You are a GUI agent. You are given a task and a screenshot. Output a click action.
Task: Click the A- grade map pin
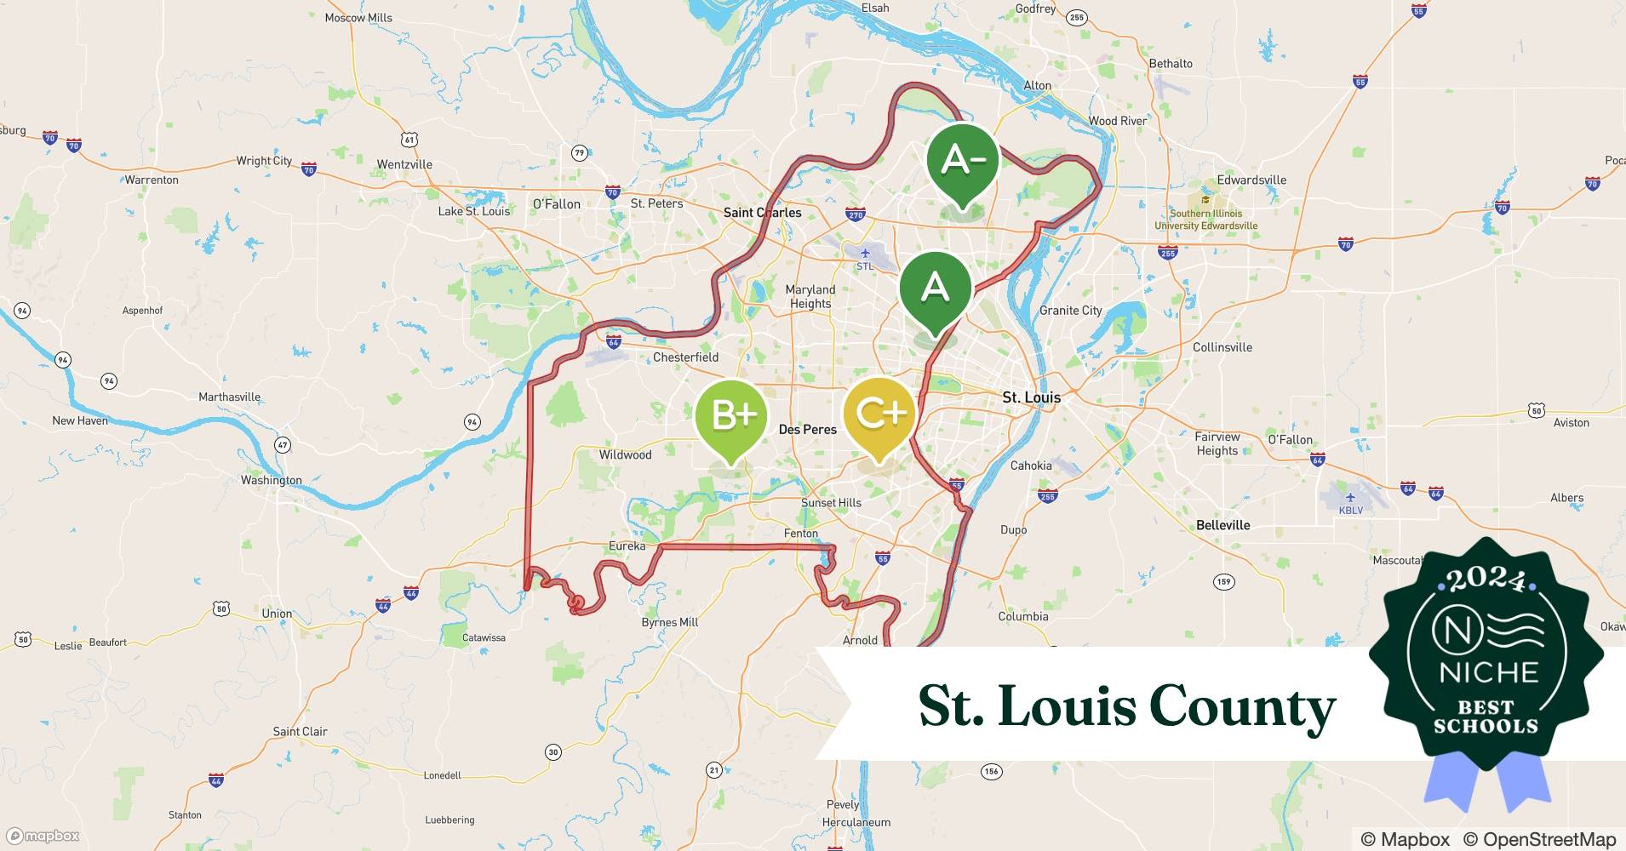(x=963, y=160)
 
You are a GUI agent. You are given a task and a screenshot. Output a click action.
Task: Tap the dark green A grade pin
(x=935, y=288)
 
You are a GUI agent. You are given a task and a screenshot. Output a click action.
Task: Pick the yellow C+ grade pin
(x=879, y=414)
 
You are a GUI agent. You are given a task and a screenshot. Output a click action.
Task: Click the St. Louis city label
(x=1031, y=397)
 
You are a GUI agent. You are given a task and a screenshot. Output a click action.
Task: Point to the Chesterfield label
(x=685, y=357)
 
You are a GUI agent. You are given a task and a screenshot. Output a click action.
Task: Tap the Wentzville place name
(x=404, y=164)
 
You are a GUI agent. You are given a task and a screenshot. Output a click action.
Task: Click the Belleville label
(x=1222, y=525)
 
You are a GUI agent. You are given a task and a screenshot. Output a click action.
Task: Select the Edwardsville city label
(x=1251, y=180)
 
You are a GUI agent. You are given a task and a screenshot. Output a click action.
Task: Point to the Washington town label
(x=271, y=480)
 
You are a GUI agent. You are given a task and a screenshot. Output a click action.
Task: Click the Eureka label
(x=627, y=545)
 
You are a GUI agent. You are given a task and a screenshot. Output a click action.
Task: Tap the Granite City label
(x=1070, y=311)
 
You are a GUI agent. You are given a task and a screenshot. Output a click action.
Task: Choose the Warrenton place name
(x=152, y=180)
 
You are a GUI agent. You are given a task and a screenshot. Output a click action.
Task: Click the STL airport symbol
(x=865, y=254)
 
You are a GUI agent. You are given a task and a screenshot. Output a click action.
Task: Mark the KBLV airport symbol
(x=1350, y=498)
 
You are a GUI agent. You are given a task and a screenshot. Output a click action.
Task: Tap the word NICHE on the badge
(x=1488, y=672)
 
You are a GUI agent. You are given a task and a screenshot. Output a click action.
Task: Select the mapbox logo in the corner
(x=43, y=836)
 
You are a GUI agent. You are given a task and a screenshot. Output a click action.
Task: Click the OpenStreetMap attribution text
(x=1539, y=839)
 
